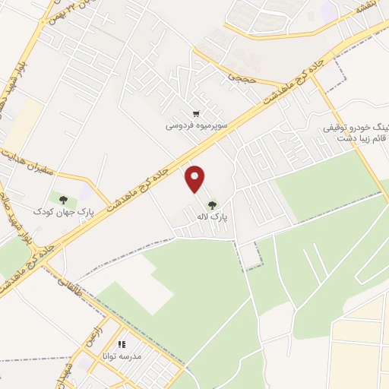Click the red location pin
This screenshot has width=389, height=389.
[195, 179]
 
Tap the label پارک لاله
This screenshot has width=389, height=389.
[213, 217]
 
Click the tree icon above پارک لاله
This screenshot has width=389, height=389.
[212, 204]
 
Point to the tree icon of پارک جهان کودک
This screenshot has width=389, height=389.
[63, 200]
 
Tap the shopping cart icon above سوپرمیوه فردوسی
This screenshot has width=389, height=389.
[198, 113]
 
